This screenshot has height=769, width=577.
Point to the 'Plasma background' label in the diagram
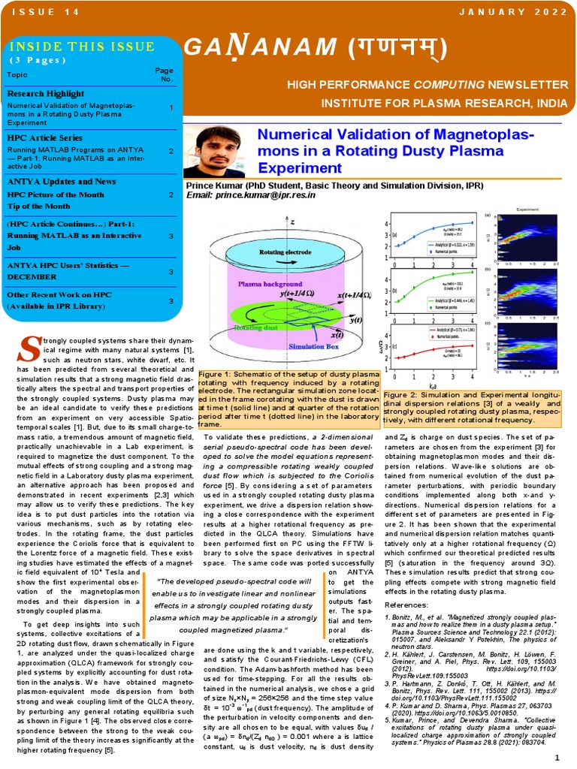(x=271, y=285)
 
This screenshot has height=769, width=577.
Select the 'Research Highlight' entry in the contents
(x=46, y=94)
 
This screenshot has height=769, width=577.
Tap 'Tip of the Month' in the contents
(x=39, y=207)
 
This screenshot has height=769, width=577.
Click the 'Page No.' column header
(x=164, y=74)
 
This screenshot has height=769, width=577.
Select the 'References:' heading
(x=406, y=605)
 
